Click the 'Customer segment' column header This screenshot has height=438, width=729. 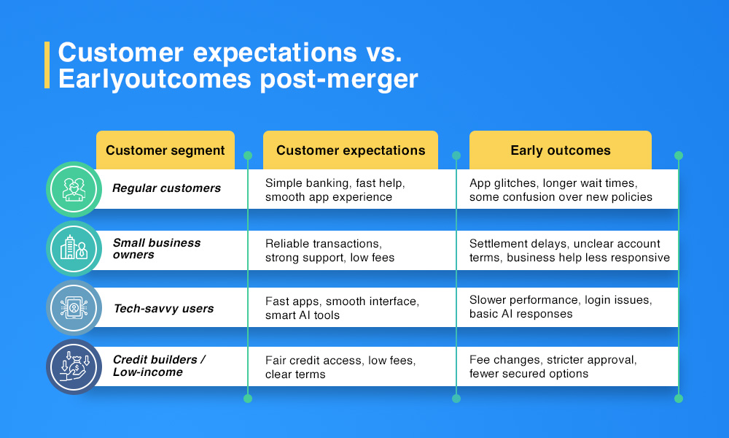(165, 150)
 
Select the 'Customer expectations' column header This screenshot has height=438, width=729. (351, 150)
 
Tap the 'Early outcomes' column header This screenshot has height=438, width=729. (560, 150)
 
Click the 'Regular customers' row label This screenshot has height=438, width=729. (166, 188)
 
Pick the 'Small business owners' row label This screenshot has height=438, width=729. (156, 249)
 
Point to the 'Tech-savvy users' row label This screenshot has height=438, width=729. (163, 309)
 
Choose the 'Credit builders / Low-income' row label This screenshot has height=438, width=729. (159, 366)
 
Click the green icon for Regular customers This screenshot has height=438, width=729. (73, 189)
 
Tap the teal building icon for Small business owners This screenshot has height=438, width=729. (73, 249)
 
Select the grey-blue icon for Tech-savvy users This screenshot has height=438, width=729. (73, 308)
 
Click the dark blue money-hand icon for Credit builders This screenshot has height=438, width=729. (73, 366)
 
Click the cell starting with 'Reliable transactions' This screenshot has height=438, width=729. (330, 250)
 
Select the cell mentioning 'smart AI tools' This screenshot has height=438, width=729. (342, 308)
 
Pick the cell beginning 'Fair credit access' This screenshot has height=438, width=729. (340, 367)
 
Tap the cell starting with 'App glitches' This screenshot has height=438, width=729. (561, 190)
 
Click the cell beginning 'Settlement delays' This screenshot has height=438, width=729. (569, 250)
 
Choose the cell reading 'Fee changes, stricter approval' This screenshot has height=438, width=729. (553, 367)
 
